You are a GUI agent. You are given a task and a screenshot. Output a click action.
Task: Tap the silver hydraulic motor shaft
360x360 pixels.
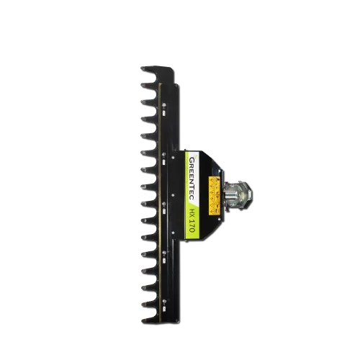[234, 194]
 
